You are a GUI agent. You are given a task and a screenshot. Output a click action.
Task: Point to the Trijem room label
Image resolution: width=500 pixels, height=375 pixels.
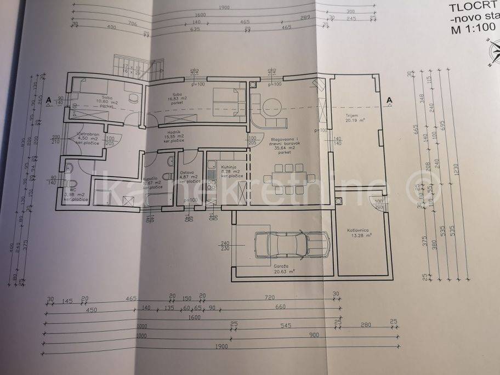point(352,116)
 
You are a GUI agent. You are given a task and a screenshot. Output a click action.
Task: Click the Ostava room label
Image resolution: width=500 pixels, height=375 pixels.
point(187,172)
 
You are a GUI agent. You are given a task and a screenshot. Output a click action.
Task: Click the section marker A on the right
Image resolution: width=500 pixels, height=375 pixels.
point(389,100)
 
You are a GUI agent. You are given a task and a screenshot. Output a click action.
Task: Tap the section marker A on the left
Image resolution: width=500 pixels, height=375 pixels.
point(49,100)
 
